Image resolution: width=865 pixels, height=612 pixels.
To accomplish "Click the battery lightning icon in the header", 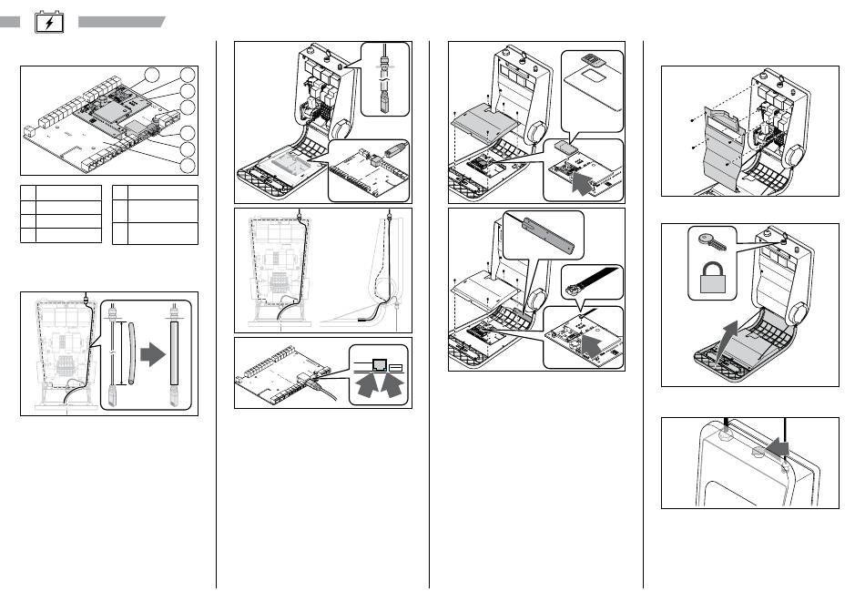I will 47,22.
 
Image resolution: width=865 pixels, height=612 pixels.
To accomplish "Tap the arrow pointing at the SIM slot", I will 579,180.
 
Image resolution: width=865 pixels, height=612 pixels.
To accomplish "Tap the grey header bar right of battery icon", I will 121,21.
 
